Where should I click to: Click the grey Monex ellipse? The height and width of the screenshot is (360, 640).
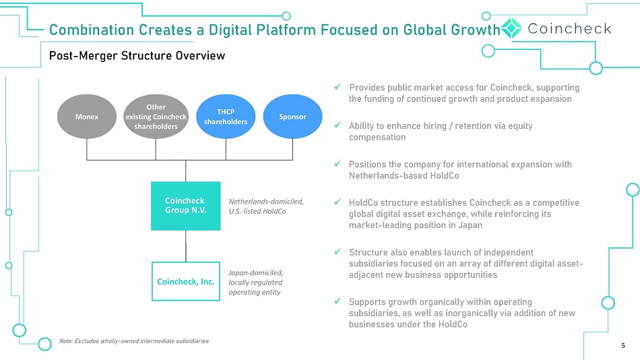[86, 117]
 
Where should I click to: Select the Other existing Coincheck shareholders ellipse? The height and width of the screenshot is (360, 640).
[156, 117]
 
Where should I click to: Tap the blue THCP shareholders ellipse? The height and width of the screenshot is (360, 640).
[226, 117]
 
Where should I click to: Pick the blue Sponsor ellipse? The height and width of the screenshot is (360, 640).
[292, 117]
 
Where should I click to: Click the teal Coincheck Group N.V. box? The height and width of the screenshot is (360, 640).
[186, 206]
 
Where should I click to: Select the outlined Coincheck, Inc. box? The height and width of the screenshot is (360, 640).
[186, 282]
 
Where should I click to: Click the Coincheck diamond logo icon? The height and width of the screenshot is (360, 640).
[511, 28]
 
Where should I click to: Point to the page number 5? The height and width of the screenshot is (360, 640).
[623, 346]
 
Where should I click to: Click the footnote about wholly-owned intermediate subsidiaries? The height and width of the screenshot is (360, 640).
[134, 341]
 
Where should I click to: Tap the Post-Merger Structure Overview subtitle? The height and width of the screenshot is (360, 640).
[137, 55]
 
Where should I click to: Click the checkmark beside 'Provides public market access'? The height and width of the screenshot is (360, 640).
[338, 86]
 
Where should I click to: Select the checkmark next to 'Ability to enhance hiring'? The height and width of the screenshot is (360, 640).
[338, 125]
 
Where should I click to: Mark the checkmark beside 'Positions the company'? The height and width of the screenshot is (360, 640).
[338, 163]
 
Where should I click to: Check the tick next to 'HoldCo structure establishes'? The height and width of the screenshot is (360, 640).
[338, 202]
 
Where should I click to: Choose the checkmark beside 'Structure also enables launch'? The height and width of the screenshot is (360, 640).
[338, 251]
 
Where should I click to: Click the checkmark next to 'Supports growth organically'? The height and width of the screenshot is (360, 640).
[338, 301]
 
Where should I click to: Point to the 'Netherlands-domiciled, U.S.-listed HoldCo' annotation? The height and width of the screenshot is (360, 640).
[266, 206]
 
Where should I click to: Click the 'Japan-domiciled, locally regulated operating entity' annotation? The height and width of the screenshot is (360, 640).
[255, 282]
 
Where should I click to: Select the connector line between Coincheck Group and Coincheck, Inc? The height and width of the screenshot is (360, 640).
[186, 246]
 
